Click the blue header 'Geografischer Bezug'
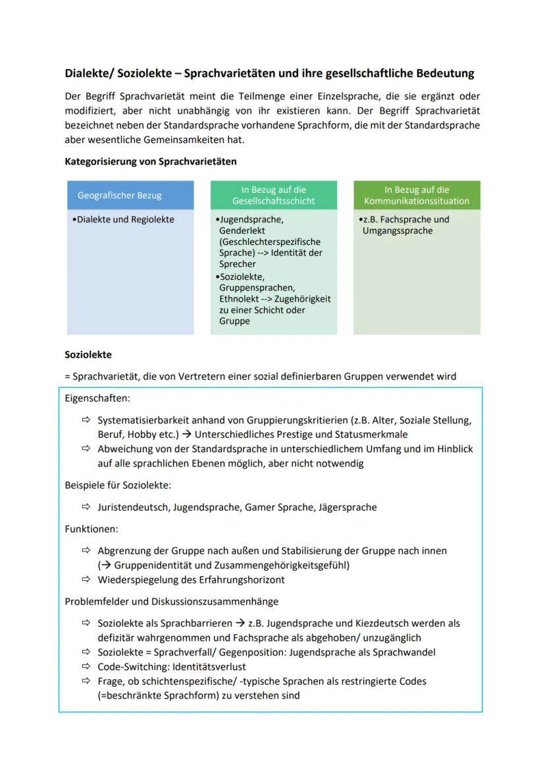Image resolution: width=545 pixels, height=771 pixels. click(x=119, y=196)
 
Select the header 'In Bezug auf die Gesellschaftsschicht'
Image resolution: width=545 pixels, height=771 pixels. click(x=273, y=196)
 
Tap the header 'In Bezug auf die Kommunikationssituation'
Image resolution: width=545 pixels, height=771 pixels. click(x=417, y=196)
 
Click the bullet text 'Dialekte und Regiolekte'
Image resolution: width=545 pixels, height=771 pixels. click(x=125, y=220)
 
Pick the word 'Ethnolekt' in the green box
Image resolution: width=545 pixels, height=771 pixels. click(x=239, y=299)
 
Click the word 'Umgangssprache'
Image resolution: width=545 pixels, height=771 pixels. click(x=397, y=231)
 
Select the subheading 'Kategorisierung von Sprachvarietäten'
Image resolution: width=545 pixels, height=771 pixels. click(x=150, y=161)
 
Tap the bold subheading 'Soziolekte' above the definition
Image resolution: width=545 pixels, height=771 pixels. click(x=88, y=355)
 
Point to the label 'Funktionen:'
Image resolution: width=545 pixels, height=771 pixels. click(x=91, y=529)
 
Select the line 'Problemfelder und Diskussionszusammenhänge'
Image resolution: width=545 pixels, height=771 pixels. click(x=171, y=601)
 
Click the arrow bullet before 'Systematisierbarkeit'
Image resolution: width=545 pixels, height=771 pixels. click(x=86, y=420)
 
